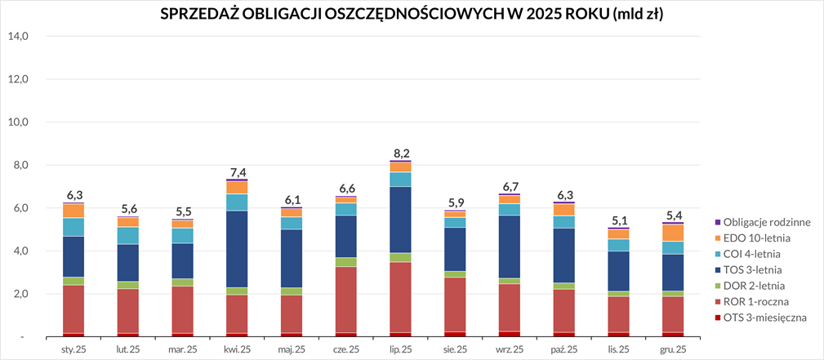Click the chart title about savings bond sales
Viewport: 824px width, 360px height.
411,16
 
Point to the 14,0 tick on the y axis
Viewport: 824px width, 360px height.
18,37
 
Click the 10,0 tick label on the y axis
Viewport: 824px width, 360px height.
18,122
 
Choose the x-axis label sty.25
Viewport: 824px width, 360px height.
74,349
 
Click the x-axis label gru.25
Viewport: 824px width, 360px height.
673,349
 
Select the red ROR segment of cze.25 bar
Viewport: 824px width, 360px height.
345,300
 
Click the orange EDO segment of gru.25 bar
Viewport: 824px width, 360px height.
673,233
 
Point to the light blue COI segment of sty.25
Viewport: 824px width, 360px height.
74,227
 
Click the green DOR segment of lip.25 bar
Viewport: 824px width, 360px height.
401,257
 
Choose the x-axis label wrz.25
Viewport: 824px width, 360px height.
510,349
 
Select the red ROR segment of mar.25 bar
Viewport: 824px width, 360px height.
183,309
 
